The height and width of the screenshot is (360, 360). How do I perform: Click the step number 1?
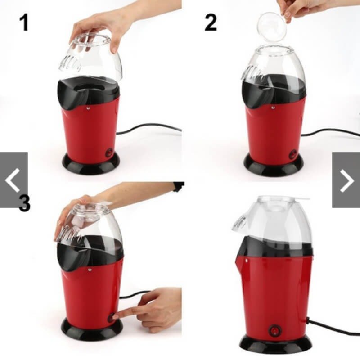tap(24, 22)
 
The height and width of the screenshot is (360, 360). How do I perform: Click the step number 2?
tap(211, 22)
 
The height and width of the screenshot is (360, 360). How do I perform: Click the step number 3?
tap(24, 203)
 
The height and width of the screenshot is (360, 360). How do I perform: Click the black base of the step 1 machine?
tap(91, 163)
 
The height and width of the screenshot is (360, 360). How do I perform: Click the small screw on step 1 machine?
tap(88, 107)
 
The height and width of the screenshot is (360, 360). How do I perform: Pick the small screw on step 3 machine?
tap(89, 269)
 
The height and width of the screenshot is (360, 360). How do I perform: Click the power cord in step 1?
tap(149, 127)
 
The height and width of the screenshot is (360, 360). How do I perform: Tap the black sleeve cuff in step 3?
tap(179, 186)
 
